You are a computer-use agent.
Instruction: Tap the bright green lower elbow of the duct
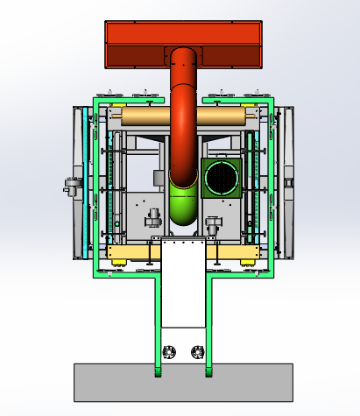pos(182,206)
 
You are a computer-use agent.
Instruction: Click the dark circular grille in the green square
pos(220,178)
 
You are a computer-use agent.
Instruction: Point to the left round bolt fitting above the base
pos(169,353)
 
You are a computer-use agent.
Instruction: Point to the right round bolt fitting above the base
pos(196,353)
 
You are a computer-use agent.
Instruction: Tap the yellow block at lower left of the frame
pos(131,253)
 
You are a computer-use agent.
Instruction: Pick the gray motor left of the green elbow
pos(152,215)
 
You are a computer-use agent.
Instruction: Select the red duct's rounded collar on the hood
pos(184,56)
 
